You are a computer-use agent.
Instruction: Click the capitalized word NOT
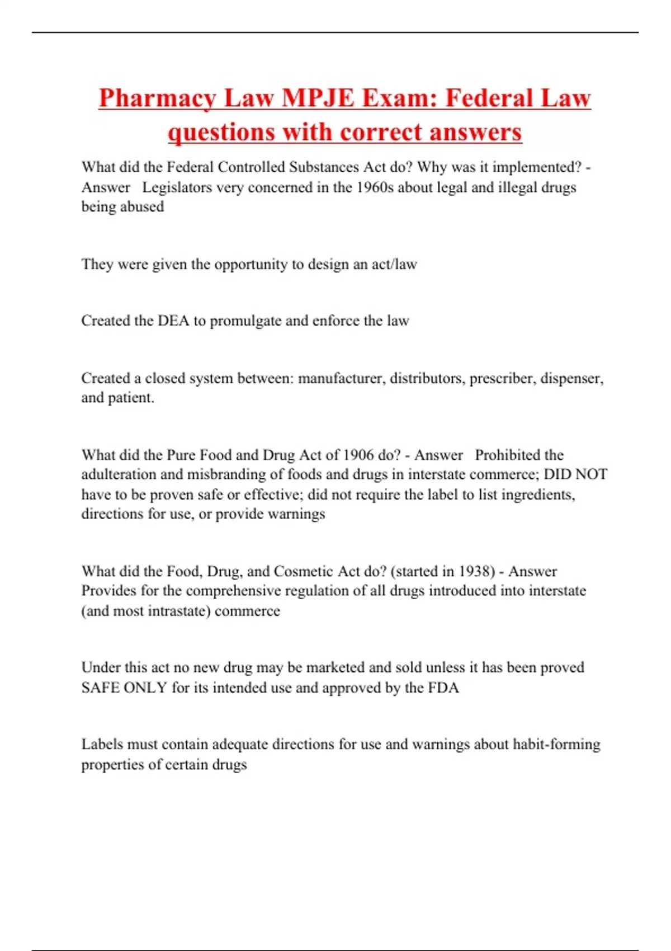[x=591, y=474]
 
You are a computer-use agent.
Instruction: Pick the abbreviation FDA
[x=443, y=688]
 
